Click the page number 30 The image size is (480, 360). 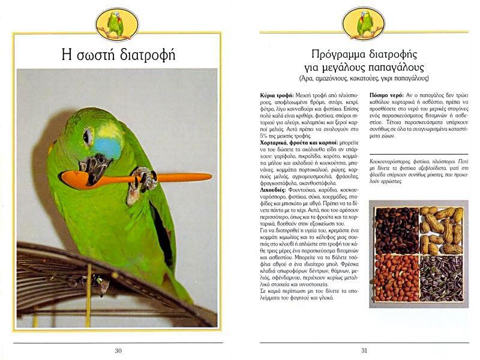(x=118, y=351)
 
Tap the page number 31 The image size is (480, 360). (x=364, y=351)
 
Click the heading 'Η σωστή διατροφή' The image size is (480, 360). (x=118, y=55)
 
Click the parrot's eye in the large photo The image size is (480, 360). (x=89, y=137)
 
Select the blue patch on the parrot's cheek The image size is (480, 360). (x=109, y=146)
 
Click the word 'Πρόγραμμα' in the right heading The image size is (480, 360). (x=335, y=53)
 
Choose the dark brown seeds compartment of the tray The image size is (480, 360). (x=396, y=230)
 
